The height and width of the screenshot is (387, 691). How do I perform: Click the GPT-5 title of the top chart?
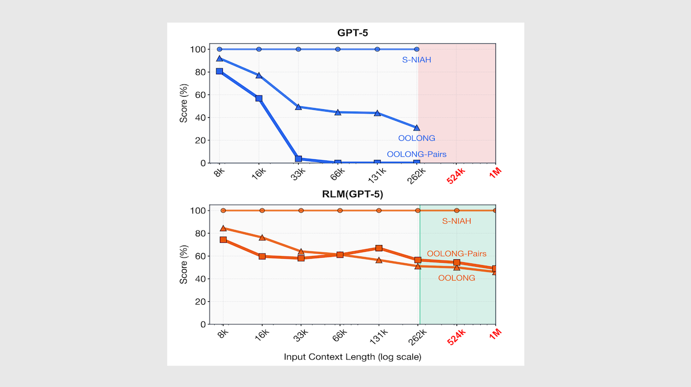click(x=352, y=33)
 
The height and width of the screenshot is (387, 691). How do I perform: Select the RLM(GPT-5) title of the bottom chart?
click(x=352, y=194)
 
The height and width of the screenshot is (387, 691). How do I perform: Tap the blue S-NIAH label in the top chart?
click(x=416, y=59)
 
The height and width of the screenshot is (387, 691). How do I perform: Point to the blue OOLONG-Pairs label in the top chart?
click(x=416, y=154)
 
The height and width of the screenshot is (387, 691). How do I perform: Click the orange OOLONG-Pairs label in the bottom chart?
click(x=457, y=254)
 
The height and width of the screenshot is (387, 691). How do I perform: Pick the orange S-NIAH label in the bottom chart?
click(x=457, y=221)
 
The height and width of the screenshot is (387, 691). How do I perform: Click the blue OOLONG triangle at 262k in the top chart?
click(x=417, y=128)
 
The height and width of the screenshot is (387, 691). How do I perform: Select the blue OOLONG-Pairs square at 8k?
click(x=219, y=71)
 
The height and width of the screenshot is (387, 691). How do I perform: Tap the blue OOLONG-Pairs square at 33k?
click(x=298, y=159)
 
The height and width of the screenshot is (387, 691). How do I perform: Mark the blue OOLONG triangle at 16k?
click(x=259, y=75)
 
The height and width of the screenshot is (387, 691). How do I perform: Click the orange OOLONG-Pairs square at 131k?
click(x=379, y=248)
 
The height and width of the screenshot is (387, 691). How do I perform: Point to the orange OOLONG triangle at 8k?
click(x=223, y=228)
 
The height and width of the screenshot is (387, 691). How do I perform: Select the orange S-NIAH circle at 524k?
click(x=457, y=210)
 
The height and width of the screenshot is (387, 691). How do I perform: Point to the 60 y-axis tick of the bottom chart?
click(x=200, y=256)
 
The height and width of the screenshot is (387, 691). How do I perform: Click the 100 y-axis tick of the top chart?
click(x=198, y=49)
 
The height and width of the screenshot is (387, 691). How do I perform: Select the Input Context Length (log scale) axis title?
click(x=352, y=357)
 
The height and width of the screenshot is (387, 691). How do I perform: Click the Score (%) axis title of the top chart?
click(x=183, y=106)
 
